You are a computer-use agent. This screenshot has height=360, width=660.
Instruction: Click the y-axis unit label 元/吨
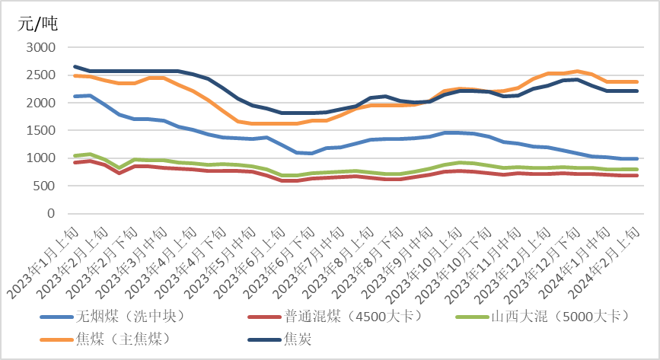38,24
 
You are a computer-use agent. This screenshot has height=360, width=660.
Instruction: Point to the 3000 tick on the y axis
41,47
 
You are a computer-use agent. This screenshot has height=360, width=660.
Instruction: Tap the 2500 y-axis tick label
41,75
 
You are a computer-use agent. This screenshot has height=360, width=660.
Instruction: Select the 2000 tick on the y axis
41,103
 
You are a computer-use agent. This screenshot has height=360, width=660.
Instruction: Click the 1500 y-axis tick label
41,130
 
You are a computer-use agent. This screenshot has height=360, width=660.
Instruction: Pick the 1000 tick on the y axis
41,158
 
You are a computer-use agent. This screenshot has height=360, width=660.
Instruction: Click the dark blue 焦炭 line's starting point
75,66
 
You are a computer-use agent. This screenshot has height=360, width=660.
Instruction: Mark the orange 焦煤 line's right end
637,81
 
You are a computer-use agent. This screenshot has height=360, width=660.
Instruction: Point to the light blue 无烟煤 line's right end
637,159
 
